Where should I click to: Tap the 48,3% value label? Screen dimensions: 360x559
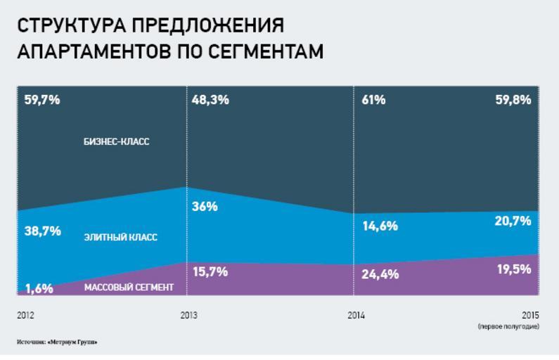[x=210, y=100]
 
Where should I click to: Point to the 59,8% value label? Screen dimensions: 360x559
[x=513, y=100]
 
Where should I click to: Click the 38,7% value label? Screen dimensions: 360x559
[x=41, y=231]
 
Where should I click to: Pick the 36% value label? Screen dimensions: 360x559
[x=205, y=207]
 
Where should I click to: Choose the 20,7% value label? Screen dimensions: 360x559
[x=513, y=222]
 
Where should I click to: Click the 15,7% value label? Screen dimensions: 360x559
[x=210, y=271]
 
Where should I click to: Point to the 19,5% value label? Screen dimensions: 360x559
[x=513, y=269]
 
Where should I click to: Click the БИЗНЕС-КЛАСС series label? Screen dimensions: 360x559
[x=117, y=142]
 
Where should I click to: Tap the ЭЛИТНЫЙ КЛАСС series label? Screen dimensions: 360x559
[x=120, y=238]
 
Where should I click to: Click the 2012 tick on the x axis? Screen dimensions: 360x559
[x=25, y=315]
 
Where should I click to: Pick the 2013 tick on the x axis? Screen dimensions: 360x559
[x=188, y=315]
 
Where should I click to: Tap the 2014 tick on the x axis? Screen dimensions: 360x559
[x=356, y=315]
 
